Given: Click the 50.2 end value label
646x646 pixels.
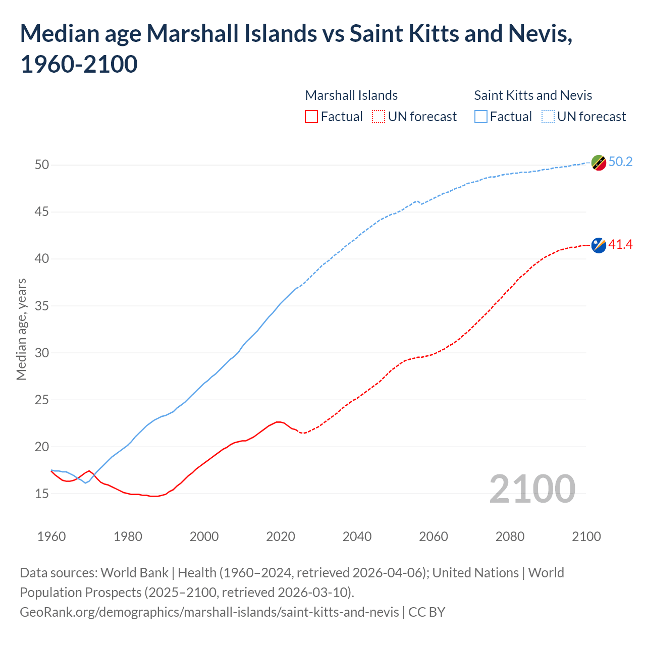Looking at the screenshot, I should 620,161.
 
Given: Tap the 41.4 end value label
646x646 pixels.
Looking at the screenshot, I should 620,245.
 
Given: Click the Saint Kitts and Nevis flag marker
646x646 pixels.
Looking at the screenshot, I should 599,163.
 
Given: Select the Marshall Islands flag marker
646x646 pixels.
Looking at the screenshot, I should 599,245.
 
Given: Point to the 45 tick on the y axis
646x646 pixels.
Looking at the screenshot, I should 42,212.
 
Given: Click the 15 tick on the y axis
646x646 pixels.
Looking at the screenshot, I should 42,494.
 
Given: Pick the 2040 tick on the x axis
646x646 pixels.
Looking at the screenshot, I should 357,536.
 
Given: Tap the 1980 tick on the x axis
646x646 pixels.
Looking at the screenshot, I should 128,536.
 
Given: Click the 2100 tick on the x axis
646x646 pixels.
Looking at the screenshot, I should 586,536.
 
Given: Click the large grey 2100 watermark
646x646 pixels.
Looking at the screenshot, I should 532,489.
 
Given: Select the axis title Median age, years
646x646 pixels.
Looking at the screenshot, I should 21,329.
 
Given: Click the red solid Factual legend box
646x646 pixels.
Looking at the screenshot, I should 311,117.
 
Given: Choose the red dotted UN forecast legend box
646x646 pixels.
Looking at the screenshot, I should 379,117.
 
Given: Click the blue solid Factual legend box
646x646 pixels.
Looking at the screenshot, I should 481,117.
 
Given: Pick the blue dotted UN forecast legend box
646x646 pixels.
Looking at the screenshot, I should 548,117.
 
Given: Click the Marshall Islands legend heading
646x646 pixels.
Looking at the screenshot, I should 351,95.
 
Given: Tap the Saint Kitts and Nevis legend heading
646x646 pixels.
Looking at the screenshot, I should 533,95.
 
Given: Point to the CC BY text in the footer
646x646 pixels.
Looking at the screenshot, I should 427,612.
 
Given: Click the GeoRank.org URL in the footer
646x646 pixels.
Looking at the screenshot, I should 209,612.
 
